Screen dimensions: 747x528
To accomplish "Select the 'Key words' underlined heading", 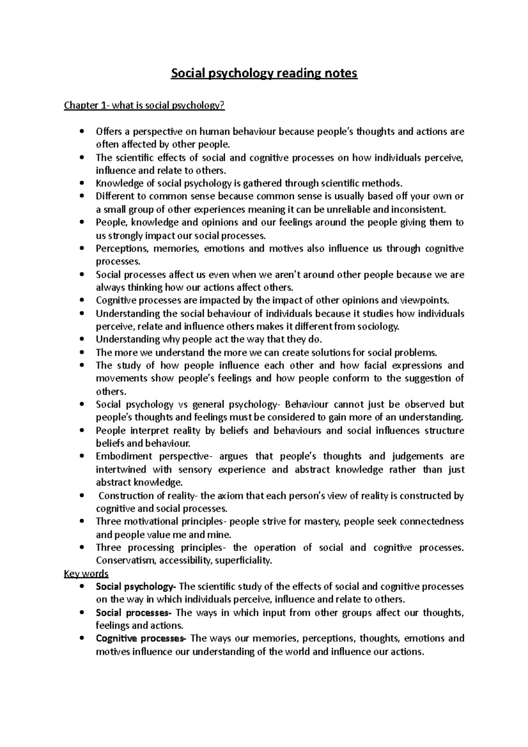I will click(x=86, y=574).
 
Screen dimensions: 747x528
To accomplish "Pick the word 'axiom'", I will click(x=230, y=496).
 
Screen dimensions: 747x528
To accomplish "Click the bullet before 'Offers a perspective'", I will click(x=83, y=132).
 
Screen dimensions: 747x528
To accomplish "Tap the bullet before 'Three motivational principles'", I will click(x=83, y=522).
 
